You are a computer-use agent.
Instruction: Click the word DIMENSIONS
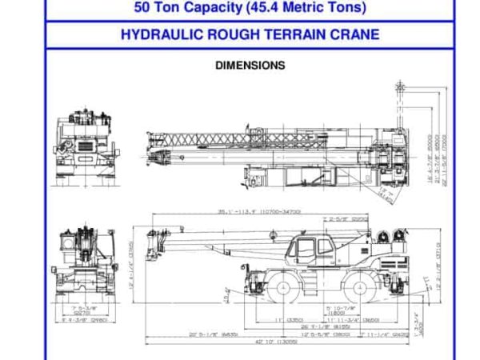coord(250,66)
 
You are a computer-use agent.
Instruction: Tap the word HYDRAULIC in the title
coord(154,35)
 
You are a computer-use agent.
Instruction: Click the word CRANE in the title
coord(358,35)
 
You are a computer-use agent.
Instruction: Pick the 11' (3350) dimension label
coord(286,319)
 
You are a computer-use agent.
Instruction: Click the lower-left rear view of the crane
coord(83,260)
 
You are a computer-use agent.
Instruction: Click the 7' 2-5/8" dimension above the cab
coord(334,218)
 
